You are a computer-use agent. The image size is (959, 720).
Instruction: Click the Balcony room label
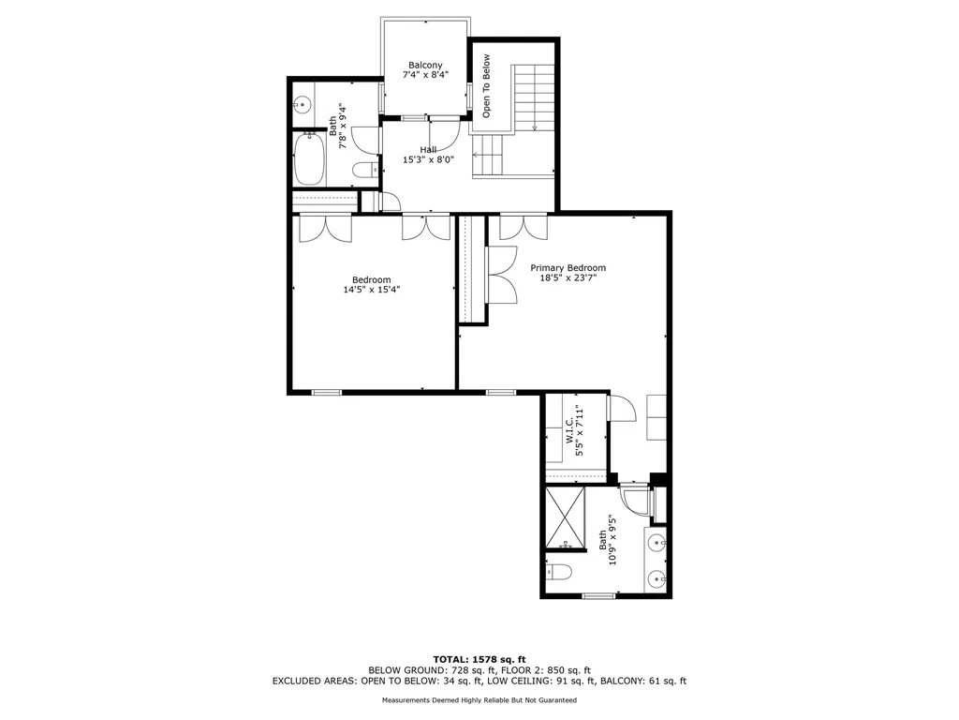(425, 65)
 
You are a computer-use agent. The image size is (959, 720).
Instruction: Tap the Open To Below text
(486, 86)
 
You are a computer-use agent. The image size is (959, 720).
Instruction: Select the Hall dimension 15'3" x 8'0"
(428, 159)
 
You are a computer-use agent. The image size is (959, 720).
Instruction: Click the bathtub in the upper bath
(309, 159)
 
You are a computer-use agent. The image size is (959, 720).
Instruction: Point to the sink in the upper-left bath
(302, 105)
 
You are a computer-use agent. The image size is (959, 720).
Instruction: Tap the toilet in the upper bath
(364, 171)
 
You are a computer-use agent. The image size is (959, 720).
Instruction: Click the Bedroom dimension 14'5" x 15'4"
(371, 290)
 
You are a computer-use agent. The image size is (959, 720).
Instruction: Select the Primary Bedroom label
(568, 267)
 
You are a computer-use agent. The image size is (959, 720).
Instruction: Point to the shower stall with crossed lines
(565, 517)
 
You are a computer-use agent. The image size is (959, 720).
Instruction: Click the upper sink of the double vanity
(657, 542)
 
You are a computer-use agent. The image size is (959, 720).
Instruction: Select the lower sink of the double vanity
(657, 577)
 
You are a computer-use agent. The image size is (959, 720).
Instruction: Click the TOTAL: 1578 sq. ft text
(479, 659)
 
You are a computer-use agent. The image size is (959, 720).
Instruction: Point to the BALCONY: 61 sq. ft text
(643, 681)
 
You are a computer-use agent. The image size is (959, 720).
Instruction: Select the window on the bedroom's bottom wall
(327, 392)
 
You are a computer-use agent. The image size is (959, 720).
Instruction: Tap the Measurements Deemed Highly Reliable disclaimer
(479, 699)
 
